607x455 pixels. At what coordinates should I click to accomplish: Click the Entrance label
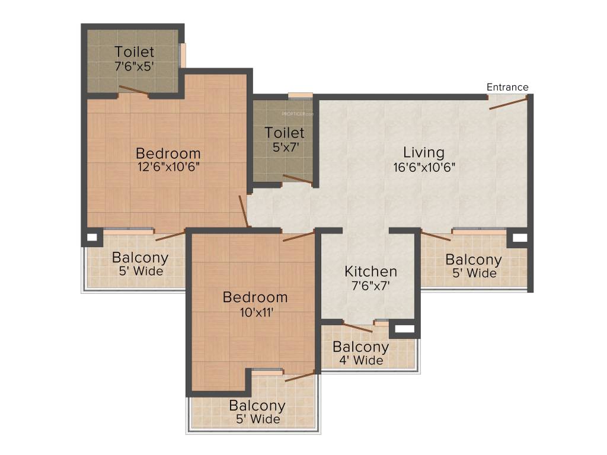(x=507, y=87)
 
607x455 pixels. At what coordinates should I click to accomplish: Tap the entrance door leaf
(x=508, y=104)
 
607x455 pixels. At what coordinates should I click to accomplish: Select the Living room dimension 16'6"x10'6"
(x=424, y=168)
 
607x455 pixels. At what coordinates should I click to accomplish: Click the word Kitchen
(x=370, y=271)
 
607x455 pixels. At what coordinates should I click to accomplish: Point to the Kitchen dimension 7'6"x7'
(x=370, y=286)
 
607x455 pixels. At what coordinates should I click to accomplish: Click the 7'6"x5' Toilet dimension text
(x=135, y=66)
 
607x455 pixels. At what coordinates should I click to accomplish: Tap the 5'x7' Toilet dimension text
(x=286, y=147)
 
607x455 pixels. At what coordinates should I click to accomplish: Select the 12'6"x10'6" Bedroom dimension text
(x=168, y=167)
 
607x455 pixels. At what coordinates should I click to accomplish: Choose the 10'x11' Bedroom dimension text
(x=256, y=312)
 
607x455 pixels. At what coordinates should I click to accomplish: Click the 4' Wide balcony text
(x=361, y=361)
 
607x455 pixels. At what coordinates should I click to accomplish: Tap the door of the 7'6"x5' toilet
(x=133, y=90)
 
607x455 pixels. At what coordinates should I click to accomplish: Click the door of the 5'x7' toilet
(x=298, y=179)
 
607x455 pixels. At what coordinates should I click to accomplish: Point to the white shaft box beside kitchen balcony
(x=405, y=329)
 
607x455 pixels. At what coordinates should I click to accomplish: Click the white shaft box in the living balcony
(x=520, y=238)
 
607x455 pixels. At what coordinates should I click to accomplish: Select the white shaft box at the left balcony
(x=92, y=237)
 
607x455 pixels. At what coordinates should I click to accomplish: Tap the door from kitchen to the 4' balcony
(x=357, y=326)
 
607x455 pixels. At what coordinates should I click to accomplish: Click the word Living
(x=423, y=152)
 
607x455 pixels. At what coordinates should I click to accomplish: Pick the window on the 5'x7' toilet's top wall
(x=301, y=95)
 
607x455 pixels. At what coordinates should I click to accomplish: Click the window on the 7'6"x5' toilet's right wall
(x=183, y=55)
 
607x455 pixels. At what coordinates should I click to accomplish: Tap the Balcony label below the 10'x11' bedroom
(x=257, y=405)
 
